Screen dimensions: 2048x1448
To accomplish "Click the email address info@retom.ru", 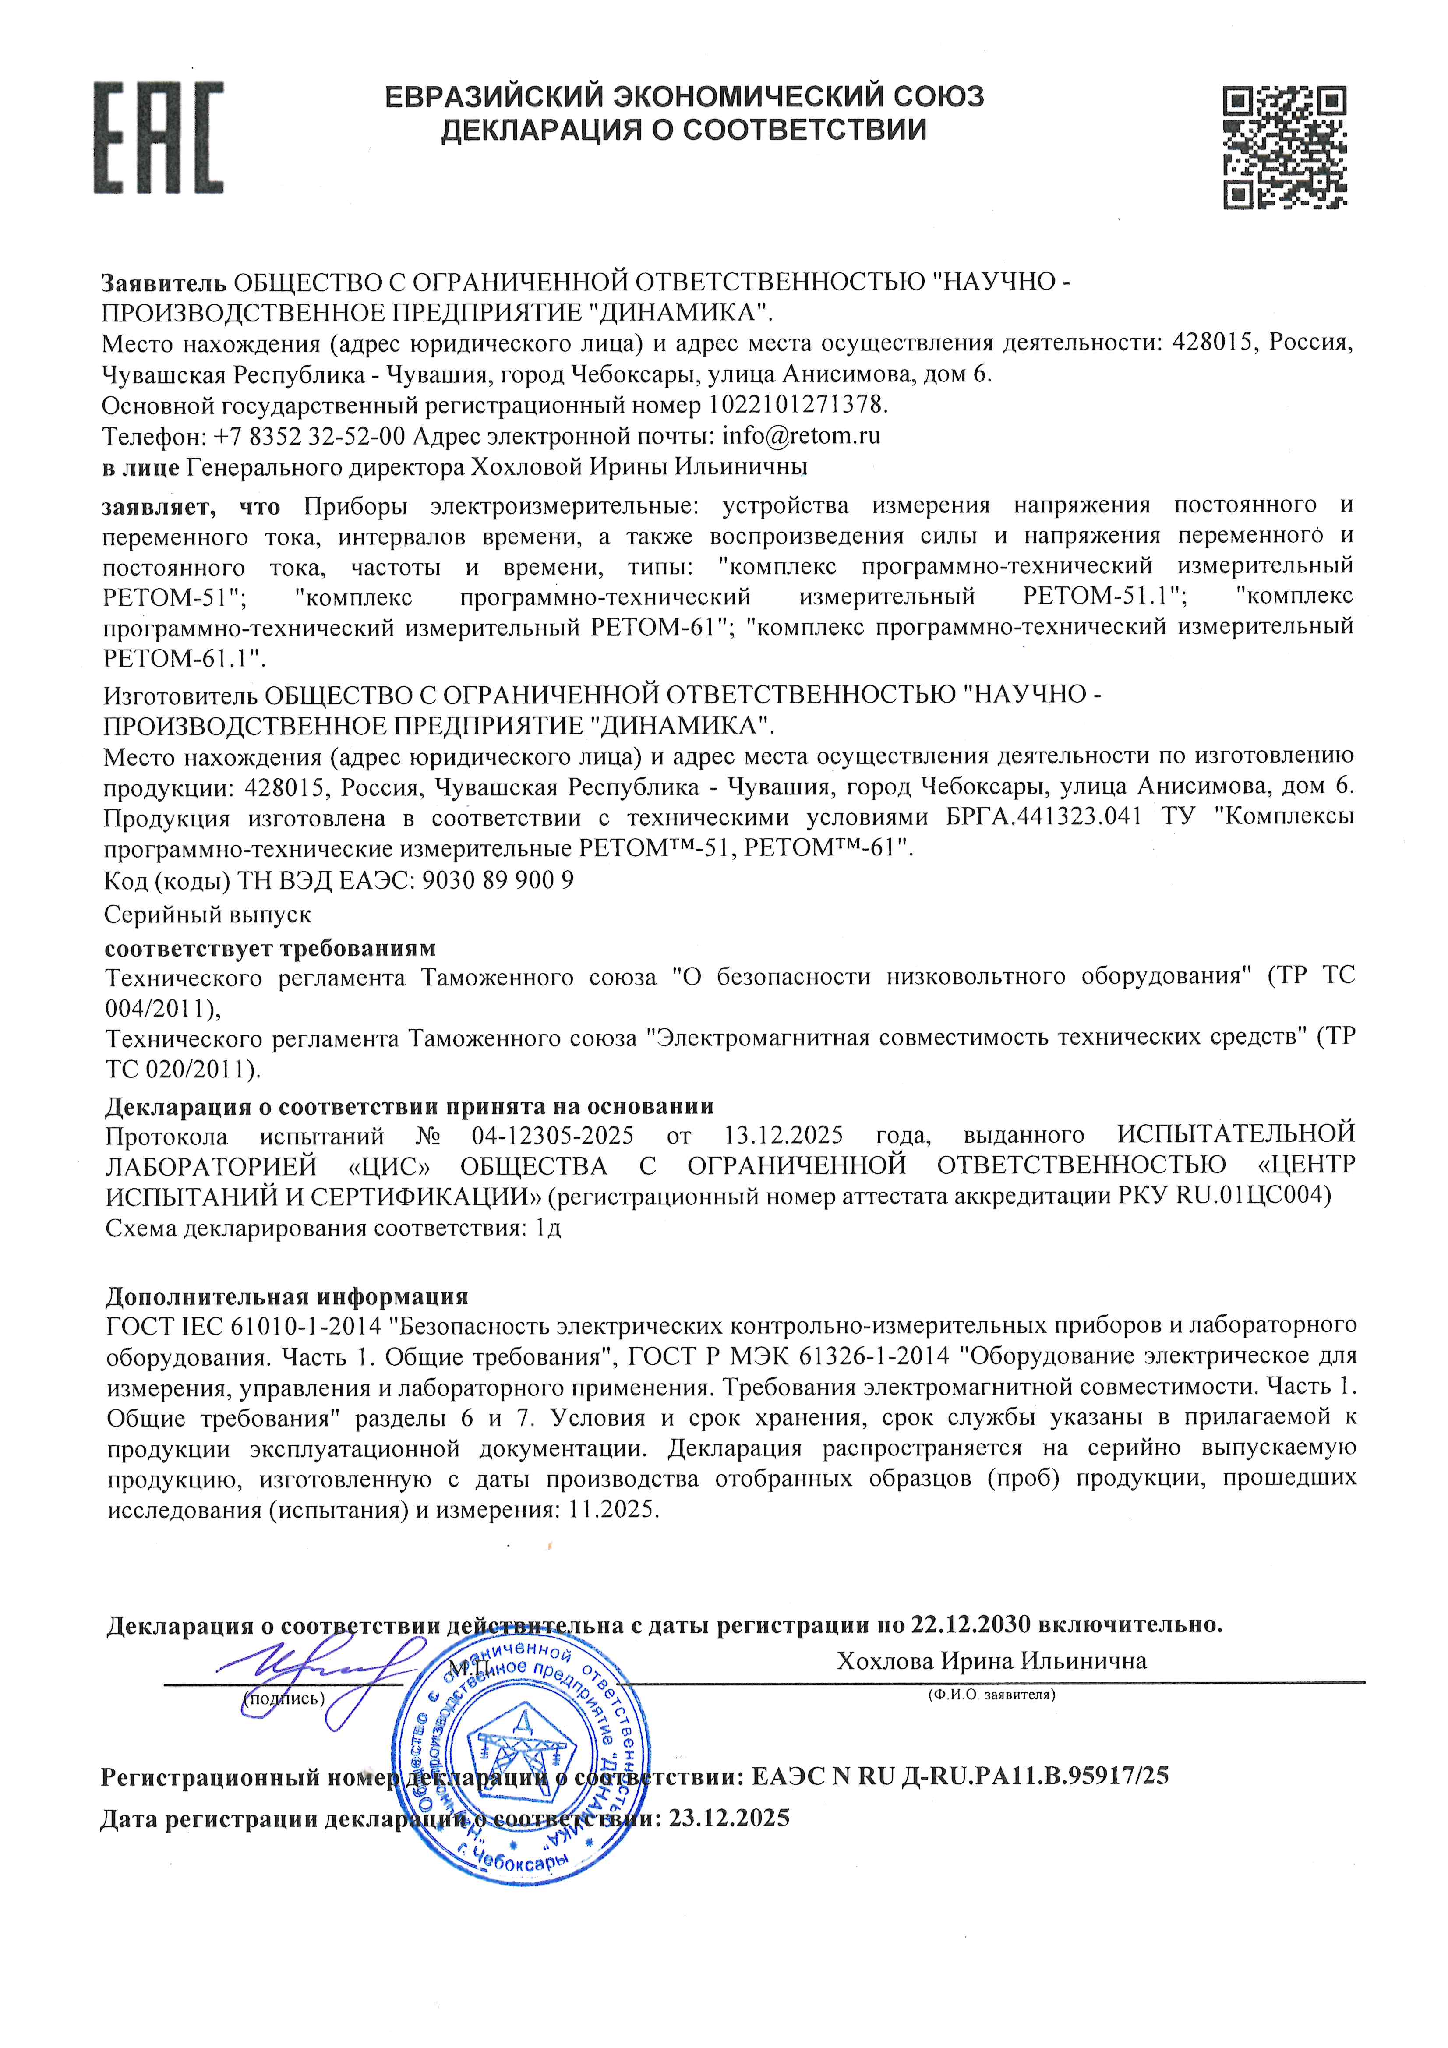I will [x=801, y=436].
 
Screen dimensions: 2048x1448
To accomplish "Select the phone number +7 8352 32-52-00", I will [x=310, y=436].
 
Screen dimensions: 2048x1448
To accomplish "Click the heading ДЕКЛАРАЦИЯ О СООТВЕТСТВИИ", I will [x=683, y=130].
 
